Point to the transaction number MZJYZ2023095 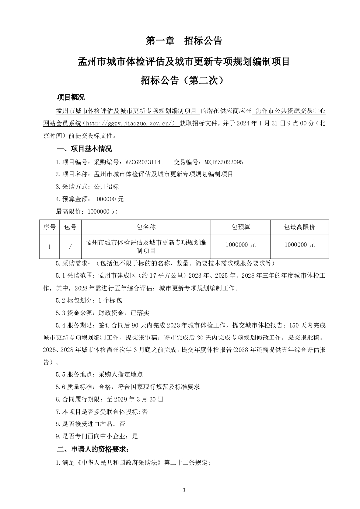tap(224, 162)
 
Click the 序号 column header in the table tap(49, 227)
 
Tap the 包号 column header tap(70, 227)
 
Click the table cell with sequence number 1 tap(49, 246)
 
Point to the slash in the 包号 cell tap(70, 246)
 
